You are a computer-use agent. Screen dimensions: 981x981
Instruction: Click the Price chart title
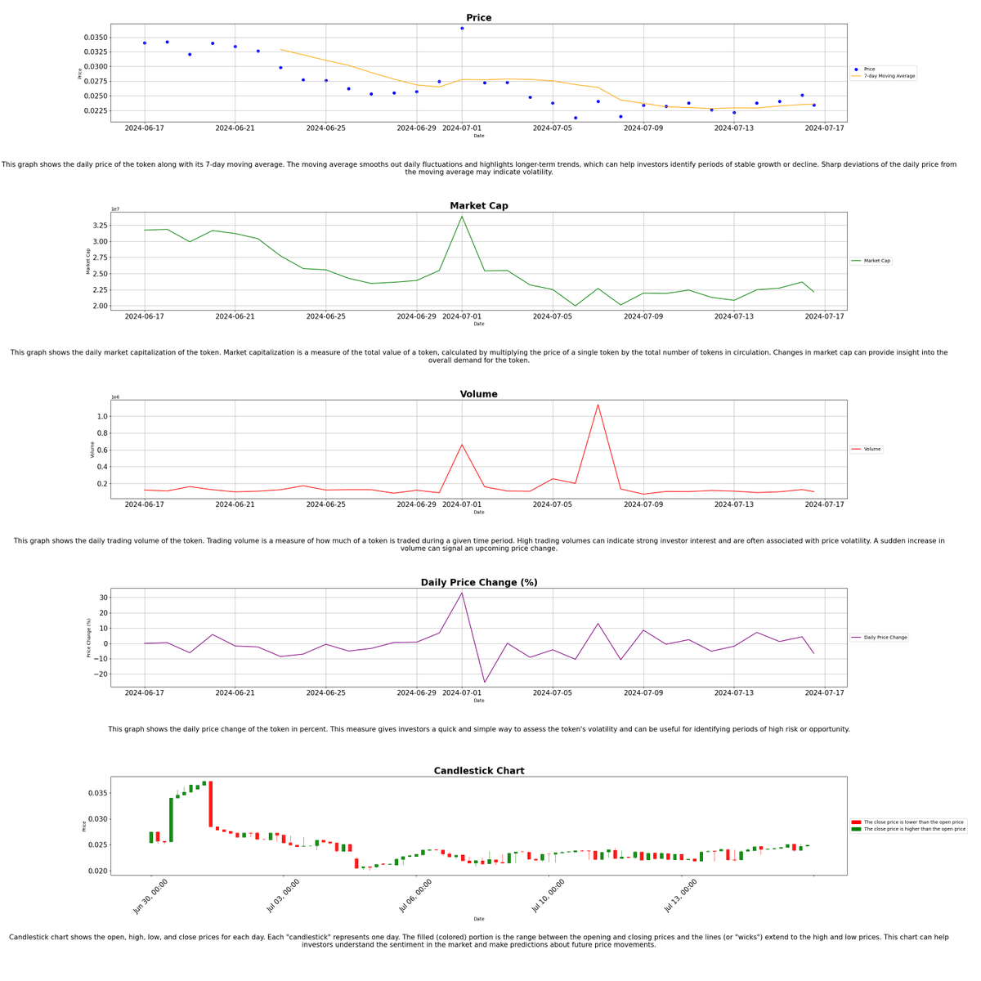pos(478,18)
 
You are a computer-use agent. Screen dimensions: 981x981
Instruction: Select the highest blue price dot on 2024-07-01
pos(462,29)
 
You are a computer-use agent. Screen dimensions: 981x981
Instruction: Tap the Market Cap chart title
pos(478,206)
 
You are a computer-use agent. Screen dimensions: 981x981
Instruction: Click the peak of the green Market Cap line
pos(462,217)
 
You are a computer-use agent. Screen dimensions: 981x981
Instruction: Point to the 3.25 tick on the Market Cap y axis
pos(98,226)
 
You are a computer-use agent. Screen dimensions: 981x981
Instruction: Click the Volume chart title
pos(478,394)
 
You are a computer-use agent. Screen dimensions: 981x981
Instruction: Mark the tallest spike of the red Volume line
pos(598,405)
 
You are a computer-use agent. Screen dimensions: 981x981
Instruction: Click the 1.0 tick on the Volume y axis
pos(102,416)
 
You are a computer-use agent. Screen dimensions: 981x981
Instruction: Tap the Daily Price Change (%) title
pos(478,583)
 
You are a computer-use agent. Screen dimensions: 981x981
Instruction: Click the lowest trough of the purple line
pos(484,682)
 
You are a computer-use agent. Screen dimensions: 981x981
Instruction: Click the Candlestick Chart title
pos(478,771)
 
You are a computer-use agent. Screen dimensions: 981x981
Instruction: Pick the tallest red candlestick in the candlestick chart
pos(210,804)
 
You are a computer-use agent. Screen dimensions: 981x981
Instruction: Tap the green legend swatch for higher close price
pos(856,829)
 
